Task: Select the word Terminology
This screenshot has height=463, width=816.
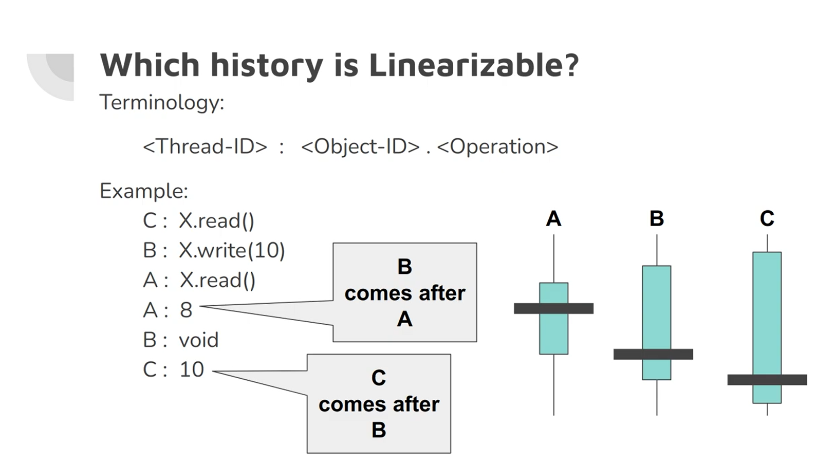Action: tap(161, 102)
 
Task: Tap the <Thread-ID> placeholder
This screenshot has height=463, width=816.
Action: tap(205, 146)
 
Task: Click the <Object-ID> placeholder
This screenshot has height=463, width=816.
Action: tap(360, 146)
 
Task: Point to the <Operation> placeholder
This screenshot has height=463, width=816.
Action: tap(497, 146)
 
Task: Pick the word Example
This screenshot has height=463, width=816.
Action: tap(143, 191)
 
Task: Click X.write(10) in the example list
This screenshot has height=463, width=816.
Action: tap(232, 250)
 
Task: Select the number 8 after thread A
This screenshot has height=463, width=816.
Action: tap(186, 310)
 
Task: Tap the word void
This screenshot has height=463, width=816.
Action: tap(198, 340)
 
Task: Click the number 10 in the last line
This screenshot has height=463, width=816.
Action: tap(192, 369)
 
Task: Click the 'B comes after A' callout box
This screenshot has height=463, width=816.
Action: tap(404, 292)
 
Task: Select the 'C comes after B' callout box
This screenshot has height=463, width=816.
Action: tap(379, 404)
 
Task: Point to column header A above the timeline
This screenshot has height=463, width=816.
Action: tap(553, 219)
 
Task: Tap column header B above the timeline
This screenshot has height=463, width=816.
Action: tap(657, 219)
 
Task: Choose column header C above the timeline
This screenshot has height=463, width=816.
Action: tap(767, 219)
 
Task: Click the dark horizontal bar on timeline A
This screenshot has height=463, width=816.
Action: tap(553, 308)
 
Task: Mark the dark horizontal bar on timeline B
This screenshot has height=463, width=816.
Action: tap(653, 354)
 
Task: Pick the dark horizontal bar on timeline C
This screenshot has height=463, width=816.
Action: tap(767, 380)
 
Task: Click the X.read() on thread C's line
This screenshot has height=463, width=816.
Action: tap(216, 221)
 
